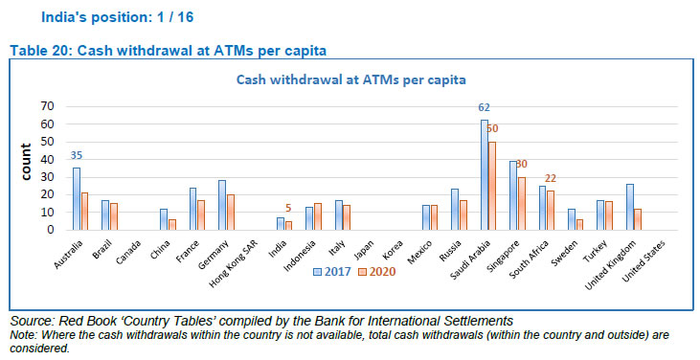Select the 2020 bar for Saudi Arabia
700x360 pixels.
(x=493, y=186)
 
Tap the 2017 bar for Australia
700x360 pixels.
(x=77, y=199)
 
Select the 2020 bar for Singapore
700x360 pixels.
(x=521, y=204)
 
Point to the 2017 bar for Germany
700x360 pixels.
(x=222, y=205)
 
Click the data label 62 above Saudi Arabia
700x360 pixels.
(x=485, y=108)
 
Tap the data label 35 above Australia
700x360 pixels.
(x=77, y=156)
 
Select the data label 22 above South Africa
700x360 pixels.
(x=550, y=179)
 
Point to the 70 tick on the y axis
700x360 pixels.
(x=46, y=105)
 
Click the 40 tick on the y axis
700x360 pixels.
(x=46, y=159)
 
